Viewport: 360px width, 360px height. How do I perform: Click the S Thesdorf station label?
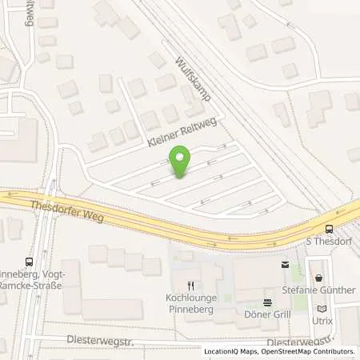[330, 241]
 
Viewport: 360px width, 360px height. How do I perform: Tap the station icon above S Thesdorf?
[330, 229]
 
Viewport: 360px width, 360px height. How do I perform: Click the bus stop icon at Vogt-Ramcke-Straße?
[30, 262]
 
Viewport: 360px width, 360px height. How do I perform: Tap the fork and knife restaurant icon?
[190, 285]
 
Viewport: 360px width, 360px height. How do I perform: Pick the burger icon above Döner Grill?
[269, 302]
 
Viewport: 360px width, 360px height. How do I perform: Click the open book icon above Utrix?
[322, 308]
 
